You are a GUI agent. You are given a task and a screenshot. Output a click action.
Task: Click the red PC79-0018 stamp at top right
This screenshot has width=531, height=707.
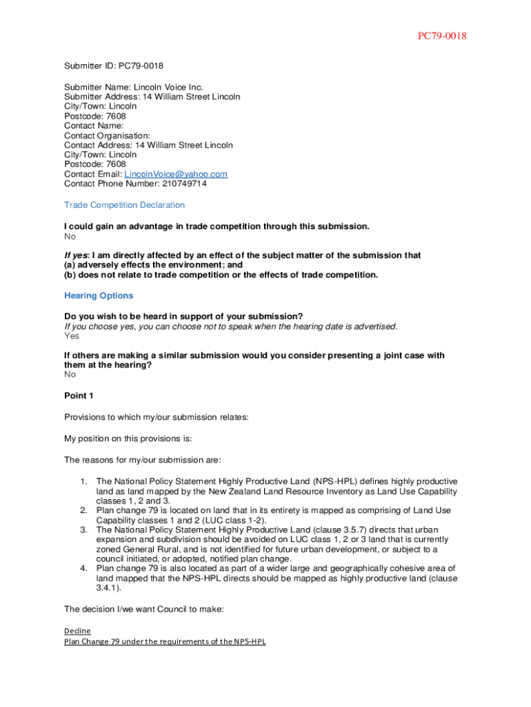441,36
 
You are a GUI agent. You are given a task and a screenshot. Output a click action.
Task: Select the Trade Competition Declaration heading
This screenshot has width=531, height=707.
124,205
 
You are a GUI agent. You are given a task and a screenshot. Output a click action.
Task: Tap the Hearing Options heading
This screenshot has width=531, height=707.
99,296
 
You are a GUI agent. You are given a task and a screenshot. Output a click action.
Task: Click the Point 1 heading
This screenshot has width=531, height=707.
79,396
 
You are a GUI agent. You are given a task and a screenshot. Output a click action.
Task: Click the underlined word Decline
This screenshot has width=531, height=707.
77,631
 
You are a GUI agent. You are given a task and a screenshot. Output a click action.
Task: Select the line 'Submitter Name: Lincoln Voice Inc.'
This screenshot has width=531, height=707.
134,88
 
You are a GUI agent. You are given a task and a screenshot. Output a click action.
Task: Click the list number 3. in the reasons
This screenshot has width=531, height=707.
83,530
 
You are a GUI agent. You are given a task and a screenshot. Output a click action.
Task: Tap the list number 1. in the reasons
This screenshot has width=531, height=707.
83,481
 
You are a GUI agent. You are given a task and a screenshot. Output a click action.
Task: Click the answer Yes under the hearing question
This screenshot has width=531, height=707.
72,336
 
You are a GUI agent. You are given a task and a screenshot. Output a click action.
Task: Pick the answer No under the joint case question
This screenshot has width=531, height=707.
70,374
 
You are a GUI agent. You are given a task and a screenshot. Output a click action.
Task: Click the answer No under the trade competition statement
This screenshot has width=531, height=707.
70,237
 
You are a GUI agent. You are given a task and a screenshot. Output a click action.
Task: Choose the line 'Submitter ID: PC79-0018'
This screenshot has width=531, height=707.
114,66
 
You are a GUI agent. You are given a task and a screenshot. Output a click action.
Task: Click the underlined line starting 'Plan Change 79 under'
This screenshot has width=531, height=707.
165,641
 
